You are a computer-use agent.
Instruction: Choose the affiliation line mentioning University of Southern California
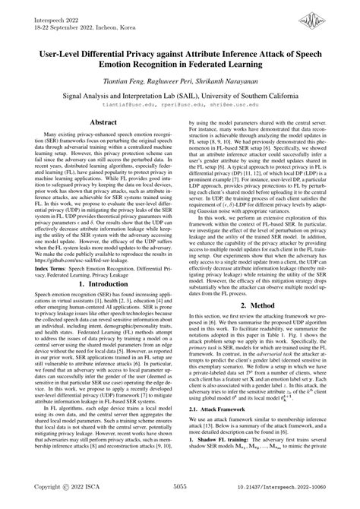(180, 98)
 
